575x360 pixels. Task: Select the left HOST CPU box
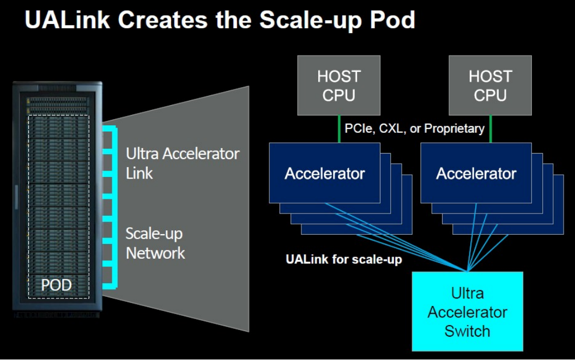pyautogui.click(x=338, y=85)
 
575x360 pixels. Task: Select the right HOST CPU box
pyautogui.click(x=490, y=85)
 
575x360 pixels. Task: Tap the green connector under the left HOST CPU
pyautogui.click(x=339, y=129)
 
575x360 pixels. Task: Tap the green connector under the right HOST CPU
pyautogui.click(x=491, y=129)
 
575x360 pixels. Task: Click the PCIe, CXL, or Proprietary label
pyautogui.click(x=414, y=129)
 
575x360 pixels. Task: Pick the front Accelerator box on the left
pyautogui.click(x=325, y=173)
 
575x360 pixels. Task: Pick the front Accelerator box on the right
pyautogui.click(x=476, y=173)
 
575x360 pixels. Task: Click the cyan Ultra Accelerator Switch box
pyautogui.click(x=467, y=312)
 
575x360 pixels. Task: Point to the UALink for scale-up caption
pyautogui.click(x=344, y=259)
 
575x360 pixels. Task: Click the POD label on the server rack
pyautogui.click(x=57, y=284)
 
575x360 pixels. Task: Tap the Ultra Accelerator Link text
pyautogui.click(x=182, y=163)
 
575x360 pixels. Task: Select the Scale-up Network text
pyautogui.click(x=155, y=243)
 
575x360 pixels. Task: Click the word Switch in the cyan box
pyautogui.click(x=467, y=331)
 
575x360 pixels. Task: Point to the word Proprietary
pyautogui.click(x=454, y=129)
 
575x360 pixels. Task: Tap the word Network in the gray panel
pyautogui.click(x=155, y=253)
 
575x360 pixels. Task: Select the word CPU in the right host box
pyautogui.click(x=490, y=95)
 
